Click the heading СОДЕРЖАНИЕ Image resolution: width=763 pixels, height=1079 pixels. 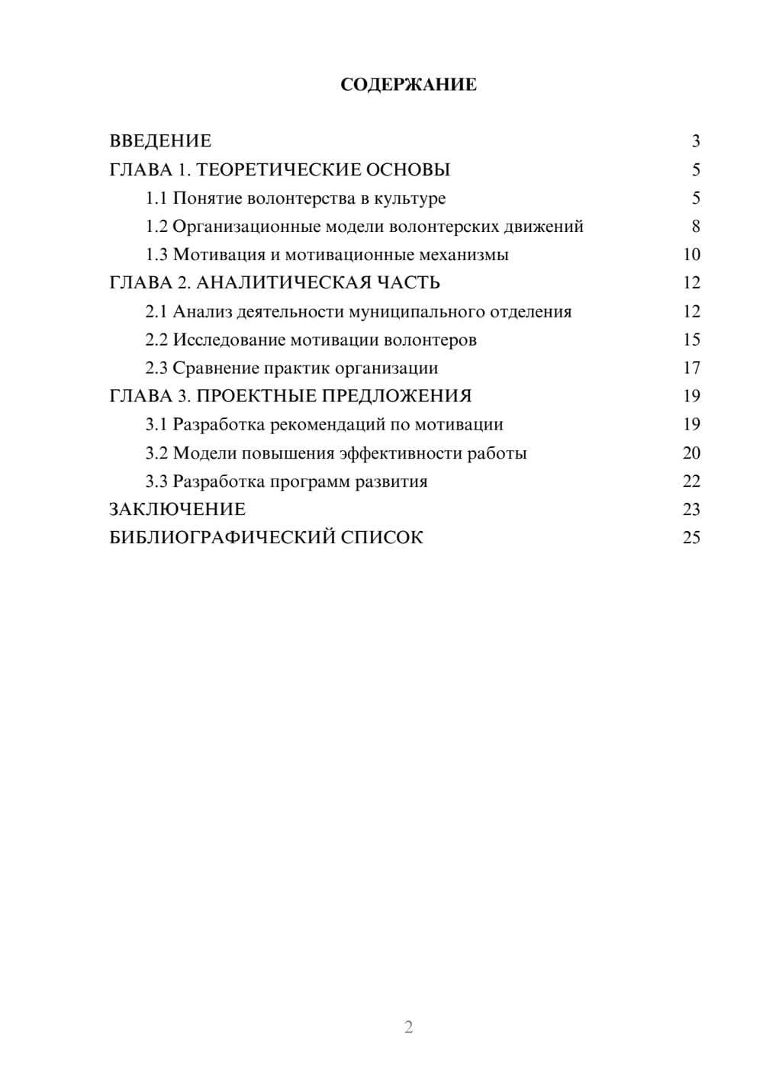coord(408,85)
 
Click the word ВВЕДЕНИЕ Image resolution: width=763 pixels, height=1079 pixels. coord(160,141)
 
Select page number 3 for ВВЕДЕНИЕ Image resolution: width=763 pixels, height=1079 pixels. coord(695,141)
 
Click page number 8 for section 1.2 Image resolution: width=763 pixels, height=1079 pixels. coord(695,227)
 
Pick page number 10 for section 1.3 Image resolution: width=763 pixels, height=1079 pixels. coord(691,255)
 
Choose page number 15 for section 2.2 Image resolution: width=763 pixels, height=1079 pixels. coord(691,340)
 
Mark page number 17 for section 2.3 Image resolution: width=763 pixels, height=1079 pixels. coord(691,368)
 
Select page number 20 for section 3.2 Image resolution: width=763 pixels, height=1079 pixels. coord(691,453)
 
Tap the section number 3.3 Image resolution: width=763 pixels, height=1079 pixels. coord(156,482)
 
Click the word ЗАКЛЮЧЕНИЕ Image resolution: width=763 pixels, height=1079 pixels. coord(178,510)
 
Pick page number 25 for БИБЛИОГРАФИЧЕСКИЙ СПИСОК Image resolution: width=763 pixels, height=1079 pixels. coord(691,538)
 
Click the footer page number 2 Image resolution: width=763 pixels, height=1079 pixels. coord(408,1027)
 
